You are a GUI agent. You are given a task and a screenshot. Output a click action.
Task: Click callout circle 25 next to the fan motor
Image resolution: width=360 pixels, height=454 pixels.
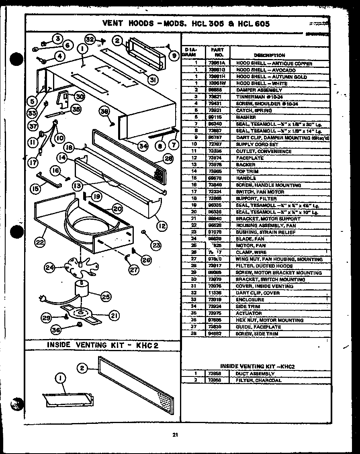click(x=106, y=297)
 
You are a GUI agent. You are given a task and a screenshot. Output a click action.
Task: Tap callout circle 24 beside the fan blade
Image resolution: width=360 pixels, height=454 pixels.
click(x=50, y=267)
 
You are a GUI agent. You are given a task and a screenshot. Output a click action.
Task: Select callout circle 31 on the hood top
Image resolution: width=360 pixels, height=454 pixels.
click(x=152, y=80)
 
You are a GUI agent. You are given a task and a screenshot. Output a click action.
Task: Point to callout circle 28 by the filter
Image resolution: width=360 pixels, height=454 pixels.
click(x=168, y=159)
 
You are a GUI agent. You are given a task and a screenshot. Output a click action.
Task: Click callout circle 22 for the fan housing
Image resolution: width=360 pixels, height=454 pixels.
click(x=39, y=242)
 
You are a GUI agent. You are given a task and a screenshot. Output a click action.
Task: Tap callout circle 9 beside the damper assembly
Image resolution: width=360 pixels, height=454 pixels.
click(x=174, y=56)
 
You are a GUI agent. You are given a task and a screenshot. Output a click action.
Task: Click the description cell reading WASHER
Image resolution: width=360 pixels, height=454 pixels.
click(x=246, y=117)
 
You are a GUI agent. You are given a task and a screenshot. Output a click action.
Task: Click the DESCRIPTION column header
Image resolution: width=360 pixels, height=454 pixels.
click(x=269, y=55)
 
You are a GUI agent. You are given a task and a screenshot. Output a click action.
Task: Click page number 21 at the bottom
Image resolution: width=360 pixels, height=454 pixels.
click(x=175, y=434)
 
